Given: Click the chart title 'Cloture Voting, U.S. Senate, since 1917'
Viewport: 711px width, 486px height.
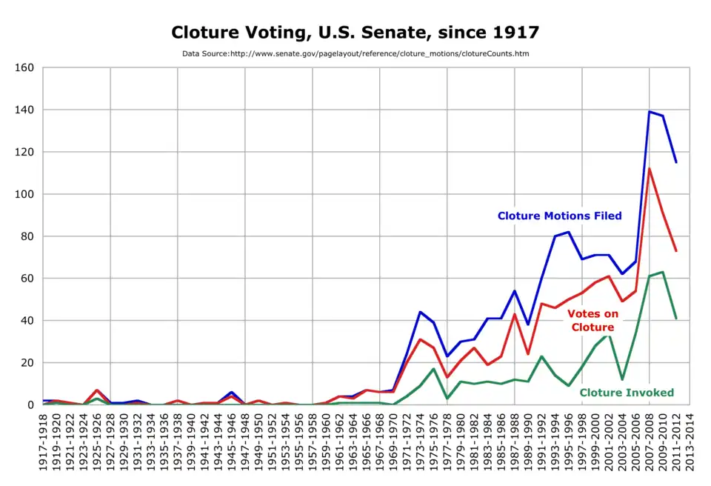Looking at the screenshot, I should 355,33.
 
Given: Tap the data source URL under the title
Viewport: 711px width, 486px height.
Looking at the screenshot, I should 355,54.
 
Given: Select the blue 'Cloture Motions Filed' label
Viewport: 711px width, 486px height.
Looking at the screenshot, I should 559,216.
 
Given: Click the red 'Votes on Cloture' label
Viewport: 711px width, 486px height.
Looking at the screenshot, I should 592,320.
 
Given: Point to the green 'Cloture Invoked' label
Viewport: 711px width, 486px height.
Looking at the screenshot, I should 627,393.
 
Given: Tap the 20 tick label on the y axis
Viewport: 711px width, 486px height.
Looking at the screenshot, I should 28,363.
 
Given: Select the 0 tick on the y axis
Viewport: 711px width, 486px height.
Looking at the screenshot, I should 31,405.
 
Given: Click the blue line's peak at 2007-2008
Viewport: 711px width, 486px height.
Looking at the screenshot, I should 650,112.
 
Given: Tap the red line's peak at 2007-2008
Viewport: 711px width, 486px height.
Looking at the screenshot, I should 650,169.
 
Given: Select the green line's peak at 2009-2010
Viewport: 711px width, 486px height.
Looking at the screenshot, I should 663,272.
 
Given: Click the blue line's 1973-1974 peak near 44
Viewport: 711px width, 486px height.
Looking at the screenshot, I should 421,312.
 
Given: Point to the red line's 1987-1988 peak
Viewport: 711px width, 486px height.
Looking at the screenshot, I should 515,314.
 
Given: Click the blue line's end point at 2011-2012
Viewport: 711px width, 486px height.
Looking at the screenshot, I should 676,162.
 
